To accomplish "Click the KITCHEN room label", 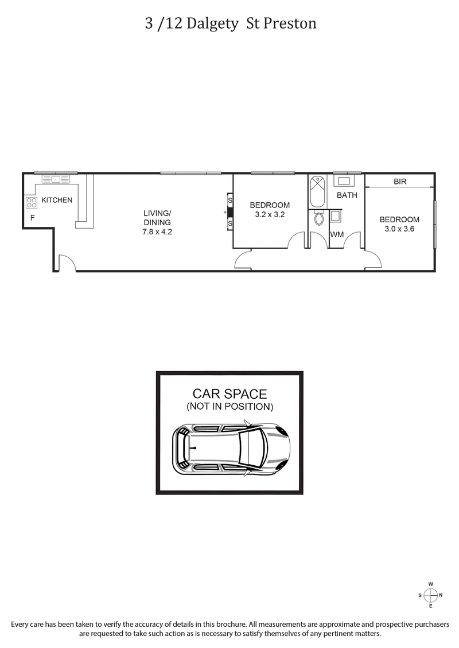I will click(57, 200).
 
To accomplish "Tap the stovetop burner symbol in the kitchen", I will click(32, 202).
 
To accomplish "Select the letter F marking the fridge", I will click(32, 218).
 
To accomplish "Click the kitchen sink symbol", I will click(56, 179).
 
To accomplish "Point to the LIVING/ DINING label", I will click(157, 218).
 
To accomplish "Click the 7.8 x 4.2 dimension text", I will click(157, 232).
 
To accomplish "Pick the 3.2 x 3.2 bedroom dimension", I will click(269, 215).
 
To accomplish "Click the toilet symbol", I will click(320, 219).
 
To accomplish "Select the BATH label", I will click(347, 195).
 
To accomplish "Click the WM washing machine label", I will click(337, 235).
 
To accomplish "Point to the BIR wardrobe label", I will click(400, 181).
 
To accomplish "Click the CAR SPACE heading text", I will click(229, 394).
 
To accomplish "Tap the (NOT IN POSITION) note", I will click(229, 407).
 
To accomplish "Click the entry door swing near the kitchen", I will click(67, 264).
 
